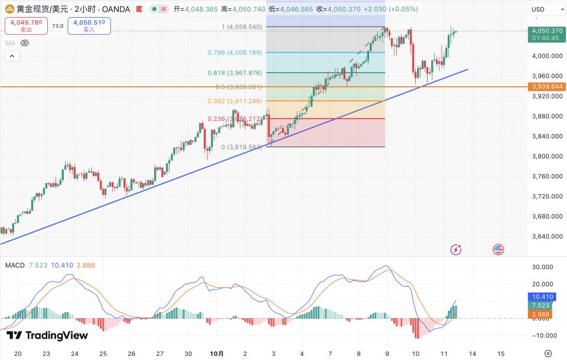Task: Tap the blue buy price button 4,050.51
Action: point(89,25)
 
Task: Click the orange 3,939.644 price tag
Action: point(548,86)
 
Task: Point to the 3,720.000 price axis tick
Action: point(546,196)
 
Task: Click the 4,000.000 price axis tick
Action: point(546,55)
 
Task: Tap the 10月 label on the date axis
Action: point(217,354)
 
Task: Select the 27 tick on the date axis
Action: point(159,354)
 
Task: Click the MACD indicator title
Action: point(15,265)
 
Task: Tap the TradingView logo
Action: point(47,335)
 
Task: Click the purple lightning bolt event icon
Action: point(456,250)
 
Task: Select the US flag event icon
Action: point(498,250)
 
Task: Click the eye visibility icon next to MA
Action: point(25,43)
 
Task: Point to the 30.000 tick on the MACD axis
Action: point(543,267)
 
